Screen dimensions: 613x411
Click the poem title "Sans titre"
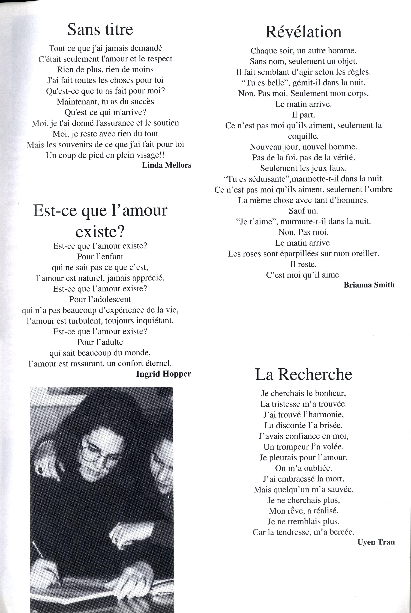(100, 29)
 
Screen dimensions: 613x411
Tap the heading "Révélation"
(303, 32)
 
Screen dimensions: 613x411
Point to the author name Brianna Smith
(369, 285)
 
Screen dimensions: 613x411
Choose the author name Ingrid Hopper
(164, 374)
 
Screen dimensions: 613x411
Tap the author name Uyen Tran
(376, 542)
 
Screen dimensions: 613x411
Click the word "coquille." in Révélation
(303, 136)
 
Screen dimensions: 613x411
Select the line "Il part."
(303, 115)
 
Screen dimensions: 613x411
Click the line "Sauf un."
(303, 211)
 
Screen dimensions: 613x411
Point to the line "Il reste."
(303, 264)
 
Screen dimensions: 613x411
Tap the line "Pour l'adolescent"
(100, 299)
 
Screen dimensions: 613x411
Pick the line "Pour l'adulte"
(100, 342)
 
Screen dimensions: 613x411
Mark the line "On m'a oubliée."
(303, 468)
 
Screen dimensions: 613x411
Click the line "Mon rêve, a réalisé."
(303, 511)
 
